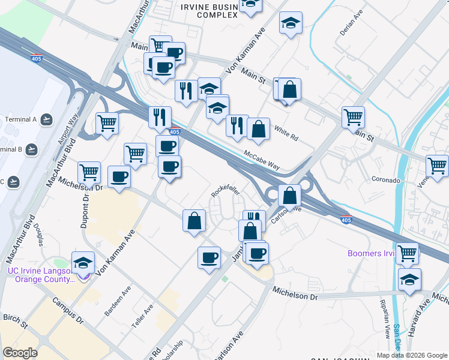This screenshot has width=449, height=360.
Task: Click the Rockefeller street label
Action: point(225,191)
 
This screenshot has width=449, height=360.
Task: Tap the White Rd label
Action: point(286,133)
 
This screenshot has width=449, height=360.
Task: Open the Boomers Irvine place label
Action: point(371,253)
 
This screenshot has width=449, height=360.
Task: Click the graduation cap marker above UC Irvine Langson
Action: point(83,262)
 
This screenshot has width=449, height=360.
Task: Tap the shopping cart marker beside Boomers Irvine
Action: point(408,253)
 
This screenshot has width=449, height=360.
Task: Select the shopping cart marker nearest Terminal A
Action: point(107,124)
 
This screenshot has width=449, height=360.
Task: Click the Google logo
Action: point(20,353)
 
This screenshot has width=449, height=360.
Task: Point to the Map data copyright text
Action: point(411,355)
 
